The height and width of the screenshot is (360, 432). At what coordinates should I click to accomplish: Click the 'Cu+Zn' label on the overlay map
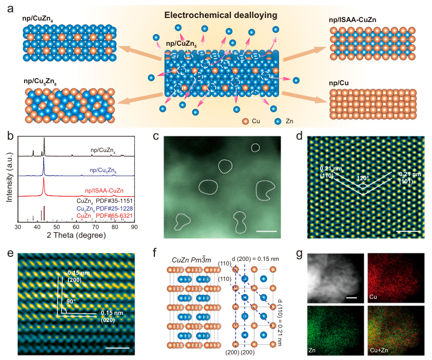point(380,350)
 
